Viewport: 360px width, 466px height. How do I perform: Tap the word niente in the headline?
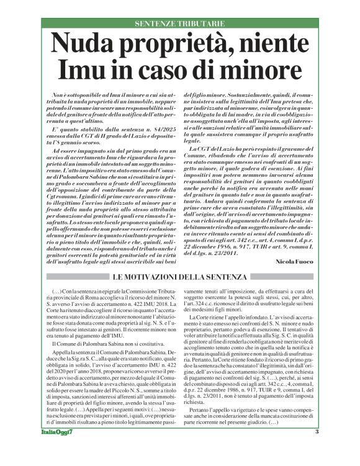click(271, 44)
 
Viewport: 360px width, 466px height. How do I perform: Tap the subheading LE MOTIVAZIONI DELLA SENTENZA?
click(181, 275)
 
